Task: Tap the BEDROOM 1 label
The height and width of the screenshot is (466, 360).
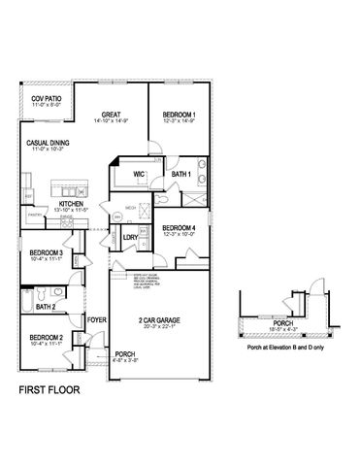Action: point(179,113)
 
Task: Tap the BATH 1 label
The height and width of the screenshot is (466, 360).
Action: point(180,174)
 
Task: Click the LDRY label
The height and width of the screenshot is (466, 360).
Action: point(130,236)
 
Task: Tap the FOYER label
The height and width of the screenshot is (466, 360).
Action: point(96,318)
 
